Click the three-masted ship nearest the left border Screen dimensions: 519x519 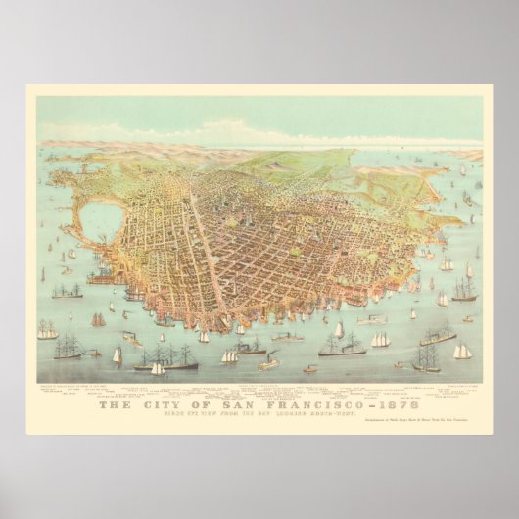(46, 331)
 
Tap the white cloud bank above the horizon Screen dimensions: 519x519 (225, 132)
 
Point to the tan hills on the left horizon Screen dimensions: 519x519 (88, 147)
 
